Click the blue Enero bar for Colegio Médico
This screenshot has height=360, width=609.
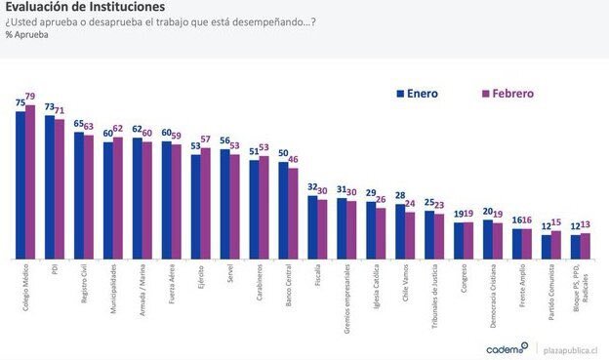click(x=20, y=185)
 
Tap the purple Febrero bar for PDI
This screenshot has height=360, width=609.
click(x=60, y=189)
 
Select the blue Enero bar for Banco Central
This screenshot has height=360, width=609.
click(x=283, y=211)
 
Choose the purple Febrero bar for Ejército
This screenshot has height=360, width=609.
click(x=205, y=204)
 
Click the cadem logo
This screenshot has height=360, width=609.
click(x=508, y=347)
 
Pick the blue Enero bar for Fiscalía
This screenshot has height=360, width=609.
click(x=312, y=228)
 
